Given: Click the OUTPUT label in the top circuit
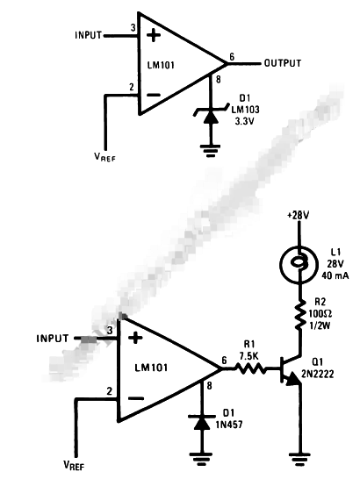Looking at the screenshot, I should pyautogui.click(x=282, y=63).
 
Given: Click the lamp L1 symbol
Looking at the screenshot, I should pyautogui.click(x=299, y=261).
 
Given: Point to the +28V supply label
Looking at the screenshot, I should pyautogui.click(x=299, y=214).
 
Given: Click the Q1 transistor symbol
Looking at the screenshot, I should pyautogui.click(x=291, y=372).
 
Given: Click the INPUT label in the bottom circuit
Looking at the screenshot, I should pyautogui.click(x=56, y=338).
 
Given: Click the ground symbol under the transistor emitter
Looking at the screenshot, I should pyautogui.click(x=299, y=455).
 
